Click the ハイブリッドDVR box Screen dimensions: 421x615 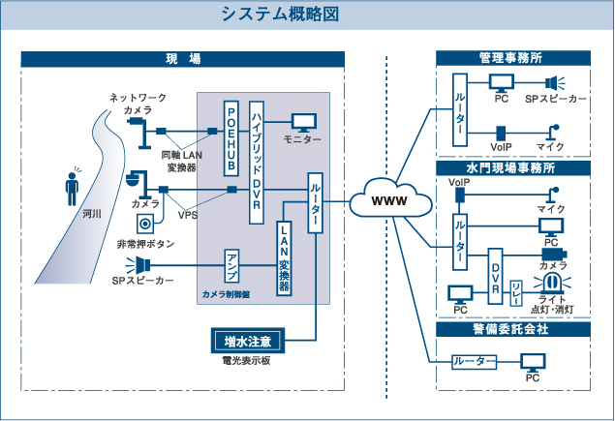pos(258,162)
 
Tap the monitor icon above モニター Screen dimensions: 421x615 pos(304,122)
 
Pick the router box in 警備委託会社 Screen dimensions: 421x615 pos(475,362)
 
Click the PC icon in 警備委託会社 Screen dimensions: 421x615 pos(532,363)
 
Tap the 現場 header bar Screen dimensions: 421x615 pos(183,59)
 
